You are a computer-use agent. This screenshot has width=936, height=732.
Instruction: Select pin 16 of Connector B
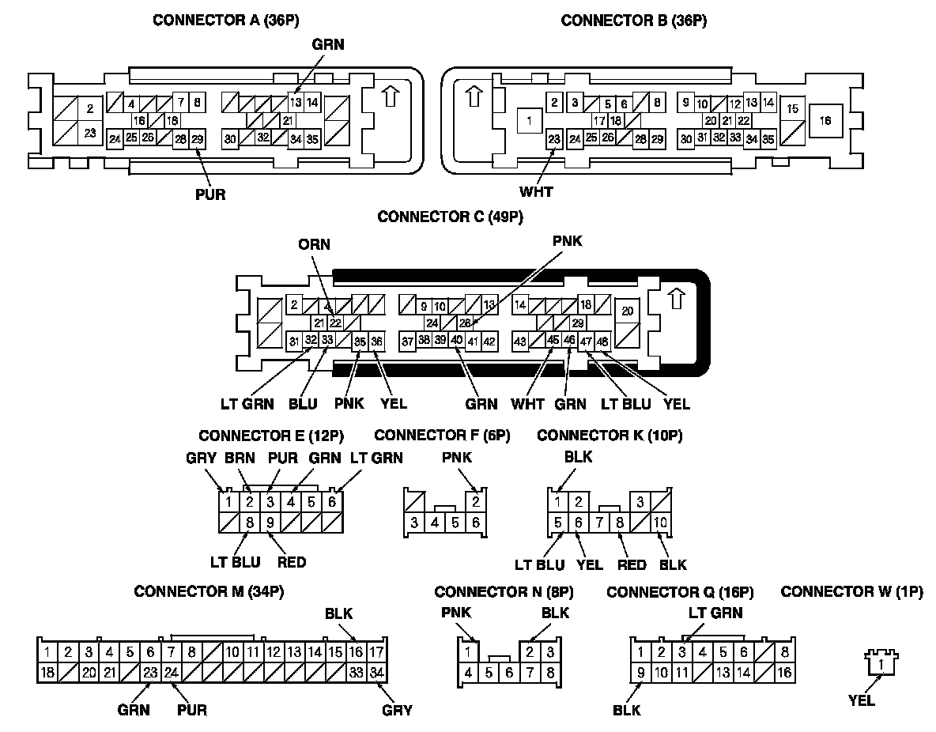826,121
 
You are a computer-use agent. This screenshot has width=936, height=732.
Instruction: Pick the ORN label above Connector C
315,243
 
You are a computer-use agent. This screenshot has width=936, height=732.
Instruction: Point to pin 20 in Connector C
628,311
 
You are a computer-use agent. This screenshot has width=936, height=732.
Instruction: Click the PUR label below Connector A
210,194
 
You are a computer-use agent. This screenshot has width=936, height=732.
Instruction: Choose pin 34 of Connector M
377,673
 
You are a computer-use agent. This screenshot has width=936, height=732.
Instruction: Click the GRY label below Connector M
397,710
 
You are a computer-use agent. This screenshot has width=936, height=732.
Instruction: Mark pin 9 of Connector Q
640,673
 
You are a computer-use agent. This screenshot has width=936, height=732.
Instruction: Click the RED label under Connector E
291,563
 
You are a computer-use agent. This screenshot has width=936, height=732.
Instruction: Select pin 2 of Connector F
475,501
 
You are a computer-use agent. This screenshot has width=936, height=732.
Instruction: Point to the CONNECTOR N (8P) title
504,591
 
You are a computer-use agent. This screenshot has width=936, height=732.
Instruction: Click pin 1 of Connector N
468,652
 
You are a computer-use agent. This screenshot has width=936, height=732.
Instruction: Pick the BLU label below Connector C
303,404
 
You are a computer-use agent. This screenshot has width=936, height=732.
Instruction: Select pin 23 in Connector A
90,133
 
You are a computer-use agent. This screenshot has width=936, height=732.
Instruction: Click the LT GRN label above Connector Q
715,613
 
